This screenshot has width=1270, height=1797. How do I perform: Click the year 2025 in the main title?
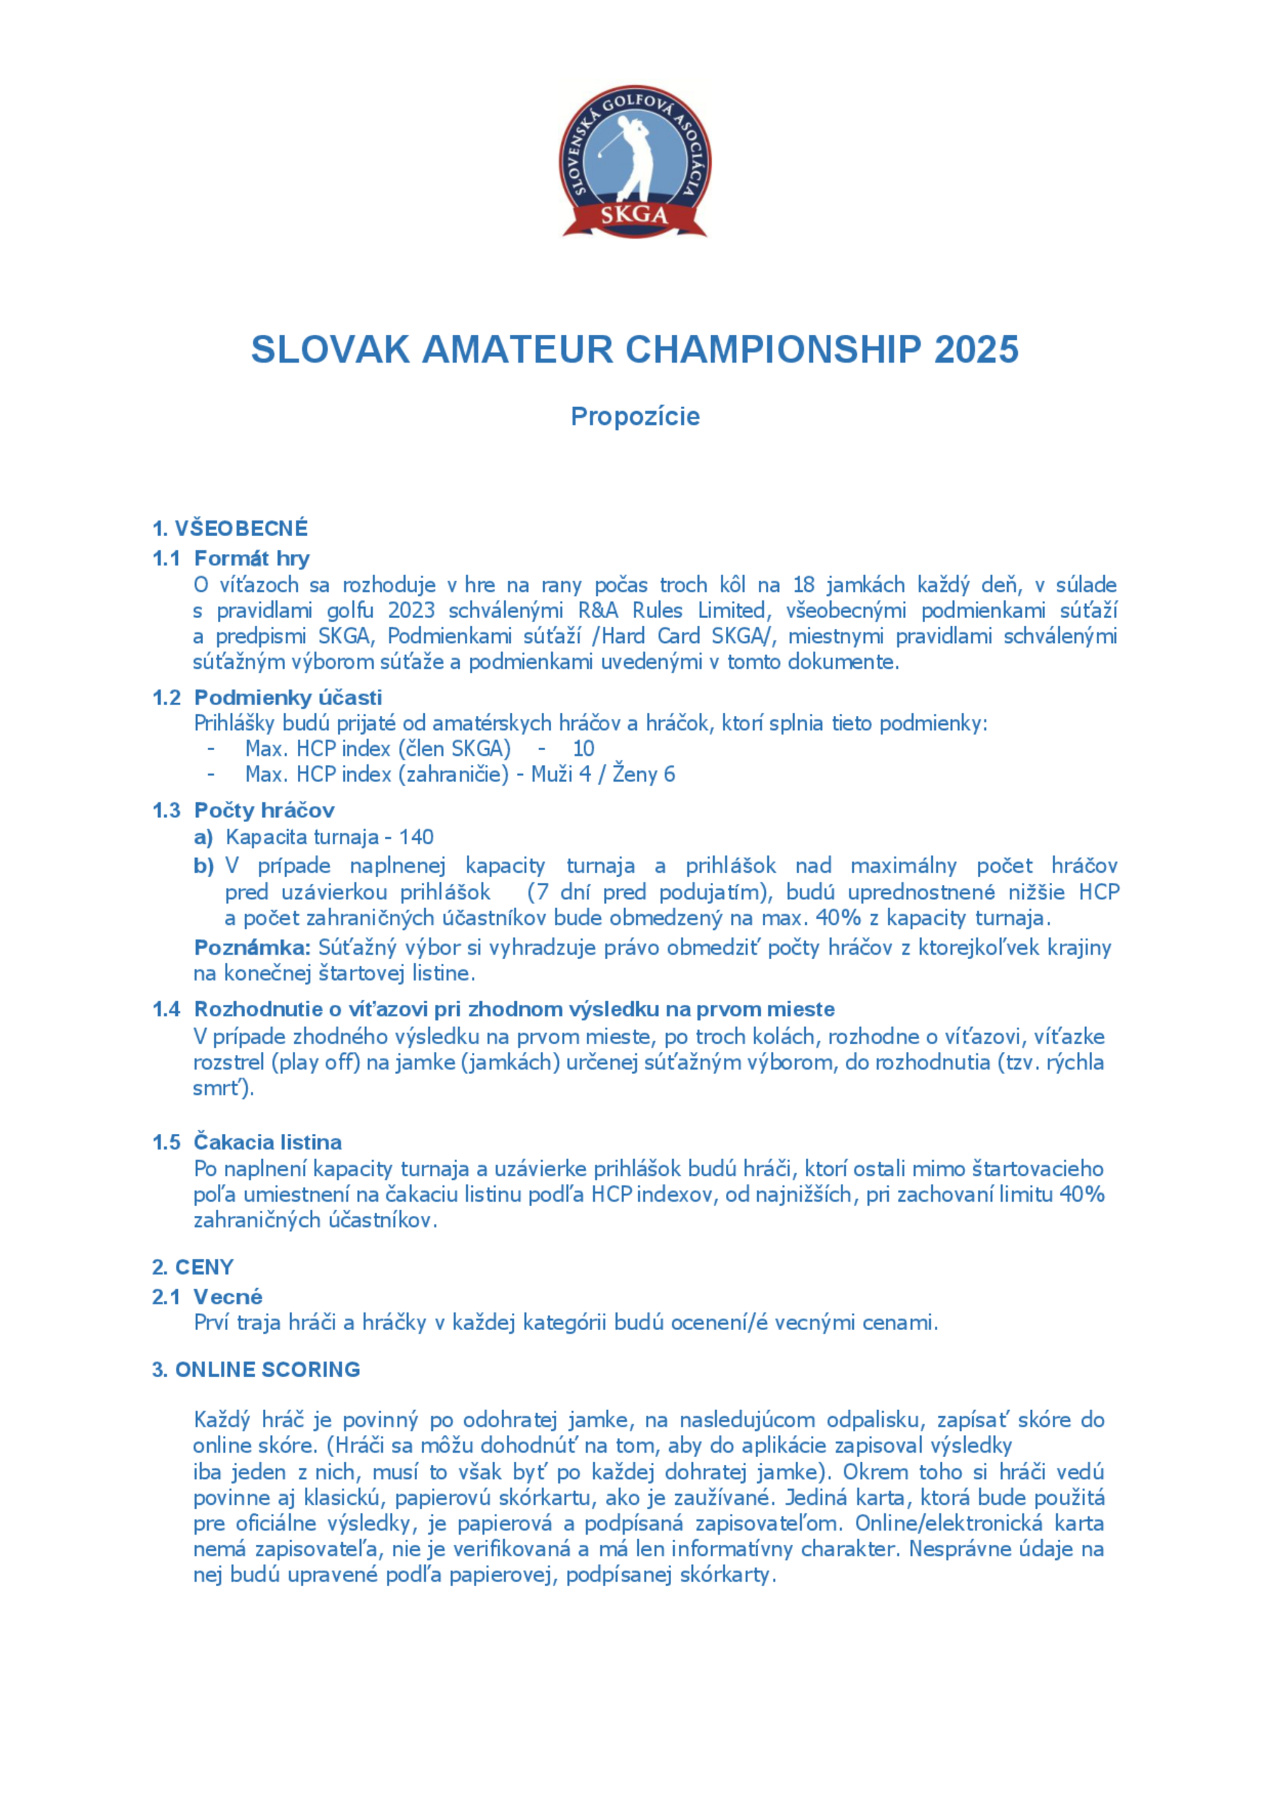tap(976, 349)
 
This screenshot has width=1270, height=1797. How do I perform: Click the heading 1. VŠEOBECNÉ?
tap(230, 528)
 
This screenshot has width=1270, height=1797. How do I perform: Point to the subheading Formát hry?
tap(251, 558)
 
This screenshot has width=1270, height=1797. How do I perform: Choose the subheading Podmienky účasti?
tap(288, 697)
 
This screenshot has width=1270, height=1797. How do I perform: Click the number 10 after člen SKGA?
tap(583, 748)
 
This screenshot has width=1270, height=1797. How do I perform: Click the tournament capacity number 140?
tap(417, 837)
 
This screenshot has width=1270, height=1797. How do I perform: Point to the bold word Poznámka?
tap(252, 948)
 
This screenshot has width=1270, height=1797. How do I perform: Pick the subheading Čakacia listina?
tap(267, 1142)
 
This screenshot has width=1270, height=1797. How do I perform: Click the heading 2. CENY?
tap(192, 1267)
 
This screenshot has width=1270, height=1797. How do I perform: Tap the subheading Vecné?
tap(228, 1297)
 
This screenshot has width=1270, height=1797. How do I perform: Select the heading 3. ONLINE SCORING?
tap(256, 1370)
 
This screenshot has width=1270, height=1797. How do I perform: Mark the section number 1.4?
tap(166, 1009)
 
